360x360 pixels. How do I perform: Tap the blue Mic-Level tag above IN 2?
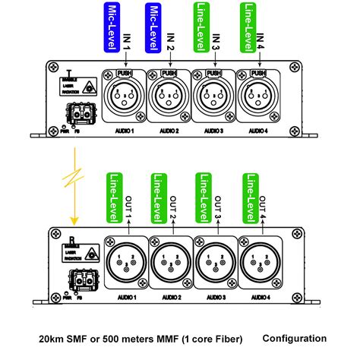(155, 27)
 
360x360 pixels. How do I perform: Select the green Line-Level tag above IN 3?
(201, 27)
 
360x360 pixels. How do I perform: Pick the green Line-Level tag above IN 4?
(248, 27)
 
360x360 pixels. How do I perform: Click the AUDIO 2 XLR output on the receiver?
(169, 265)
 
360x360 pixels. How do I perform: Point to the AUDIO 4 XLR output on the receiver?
(258, 265)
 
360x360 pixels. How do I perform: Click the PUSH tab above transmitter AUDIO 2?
(169, 74)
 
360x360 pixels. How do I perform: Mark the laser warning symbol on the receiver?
(91, 252)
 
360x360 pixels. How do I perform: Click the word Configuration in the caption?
(295, 338)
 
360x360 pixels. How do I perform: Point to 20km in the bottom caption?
(52, 339)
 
